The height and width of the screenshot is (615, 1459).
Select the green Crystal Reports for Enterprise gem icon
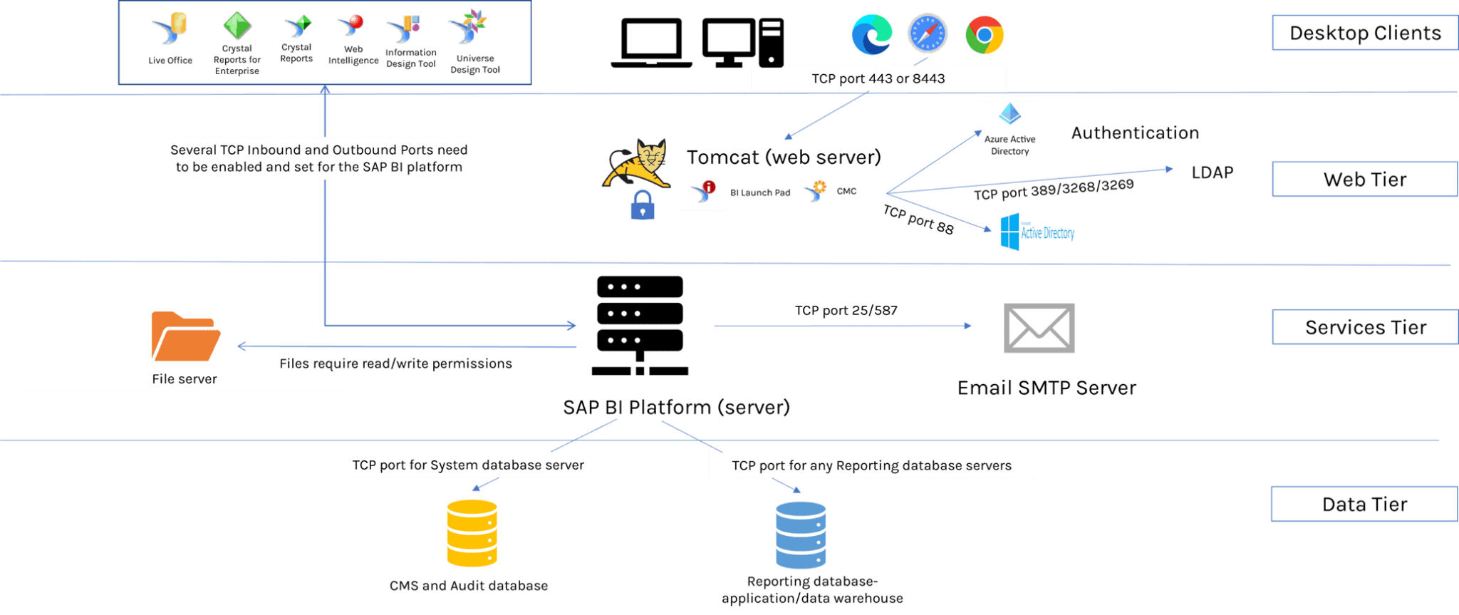[x=237, y=26]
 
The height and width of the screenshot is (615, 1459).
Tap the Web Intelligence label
[x=353, y=55]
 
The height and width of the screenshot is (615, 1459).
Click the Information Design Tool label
[x=411, y=58]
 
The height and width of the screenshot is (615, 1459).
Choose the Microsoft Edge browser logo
[x=871, y=34]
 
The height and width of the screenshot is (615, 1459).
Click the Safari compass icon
[x=928, y=33]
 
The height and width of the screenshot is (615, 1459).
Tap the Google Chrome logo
[x=985, y=35]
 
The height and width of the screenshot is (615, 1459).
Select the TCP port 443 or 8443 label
[x=878, y=78]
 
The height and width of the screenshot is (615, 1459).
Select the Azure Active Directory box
[x=1010, y=130]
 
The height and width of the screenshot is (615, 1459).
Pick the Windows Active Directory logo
[x=1037, y=232]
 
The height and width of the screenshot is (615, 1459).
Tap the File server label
[x=184, y=379]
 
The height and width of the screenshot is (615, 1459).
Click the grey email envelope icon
[x=1039, y=329]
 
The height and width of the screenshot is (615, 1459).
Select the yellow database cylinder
[x=472, y=533]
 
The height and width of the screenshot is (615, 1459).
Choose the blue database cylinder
[x=801, y=534]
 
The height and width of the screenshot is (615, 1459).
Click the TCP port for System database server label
[x=468, y=465]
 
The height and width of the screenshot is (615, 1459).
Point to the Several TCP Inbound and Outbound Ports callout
[x=318, y=158]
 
